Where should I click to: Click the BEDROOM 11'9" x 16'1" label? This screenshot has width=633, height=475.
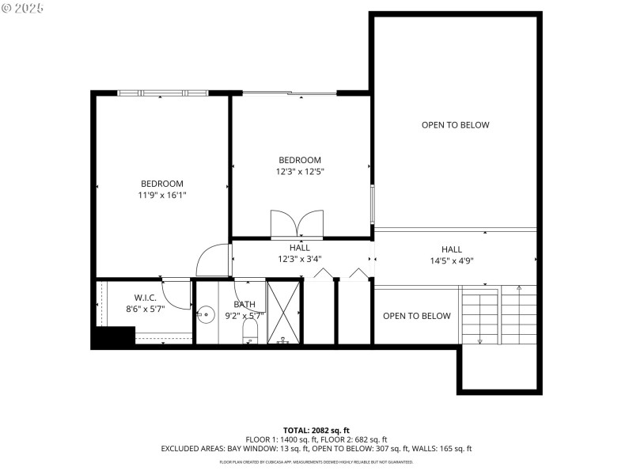[162, 188]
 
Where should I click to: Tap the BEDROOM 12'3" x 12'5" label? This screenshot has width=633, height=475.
[300, 165]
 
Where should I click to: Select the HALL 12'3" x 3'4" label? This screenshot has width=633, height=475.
[299, 253]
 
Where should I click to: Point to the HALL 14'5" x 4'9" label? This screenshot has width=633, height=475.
[451, 254]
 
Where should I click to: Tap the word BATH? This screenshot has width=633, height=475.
[244, 305]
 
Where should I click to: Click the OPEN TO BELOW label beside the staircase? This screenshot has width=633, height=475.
[417, 316]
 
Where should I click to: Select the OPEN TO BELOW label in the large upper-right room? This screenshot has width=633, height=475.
[455, 125]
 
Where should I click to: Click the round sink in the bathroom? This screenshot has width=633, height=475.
[205, 315]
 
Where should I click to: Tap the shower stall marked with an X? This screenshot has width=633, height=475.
[284, 311]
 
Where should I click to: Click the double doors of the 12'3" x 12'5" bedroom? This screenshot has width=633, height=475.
[297, 223]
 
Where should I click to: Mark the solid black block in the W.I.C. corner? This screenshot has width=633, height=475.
[114, 338]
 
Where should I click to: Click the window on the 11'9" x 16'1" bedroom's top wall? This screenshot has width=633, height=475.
[162, 93]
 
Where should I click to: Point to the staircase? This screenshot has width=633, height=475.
[498, 314]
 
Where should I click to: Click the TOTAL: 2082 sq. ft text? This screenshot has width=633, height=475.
[316, 430]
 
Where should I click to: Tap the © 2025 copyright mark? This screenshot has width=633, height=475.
[23, 7]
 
